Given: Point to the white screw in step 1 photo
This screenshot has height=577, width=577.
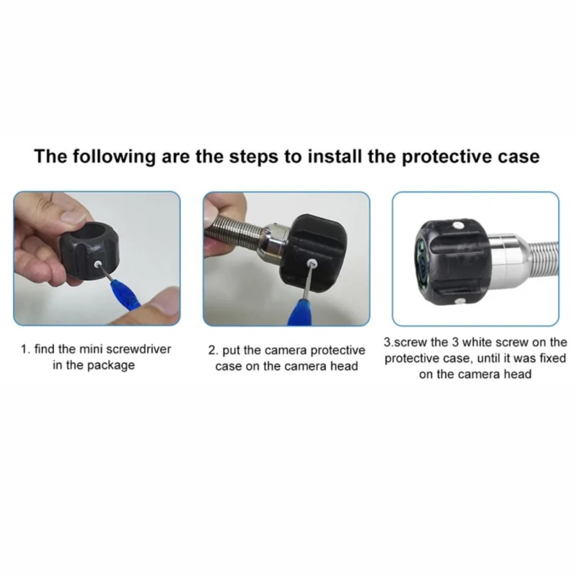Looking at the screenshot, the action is [x=98, y=264].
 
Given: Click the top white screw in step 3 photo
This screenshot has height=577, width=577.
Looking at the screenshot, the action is [x=458, y=224].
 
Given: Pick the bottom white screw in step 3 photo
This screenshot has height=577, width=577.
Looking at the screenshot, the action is [x=459, y=301].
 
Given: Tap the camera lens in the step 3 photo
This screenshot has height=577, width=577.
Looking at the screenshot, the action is [x=423, y=263].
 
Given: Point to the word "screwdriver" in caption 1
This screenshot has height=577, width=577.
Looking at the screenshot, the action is [x=141, y=349].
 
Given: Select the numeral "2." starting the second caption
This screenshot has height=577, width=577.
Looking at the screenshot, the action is [x=213, y=351].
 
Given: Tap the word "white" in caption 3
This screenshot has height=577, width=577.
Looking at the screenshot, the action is [x=477, y=342].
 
